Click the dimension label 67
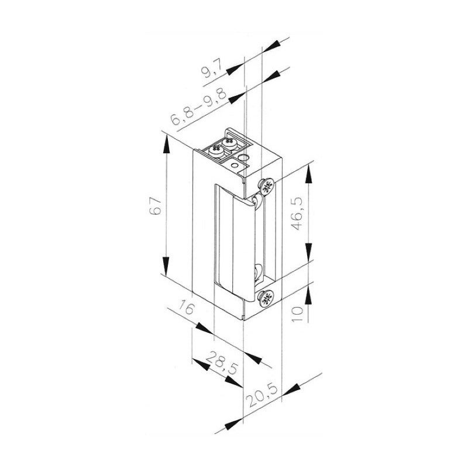pos(155,206)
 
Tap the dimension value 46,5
pos(297,213)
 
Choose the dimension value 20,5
pos(261,395)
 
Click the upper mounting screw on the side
pos(266,187)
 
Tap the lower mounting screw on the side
pos(266,298)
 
